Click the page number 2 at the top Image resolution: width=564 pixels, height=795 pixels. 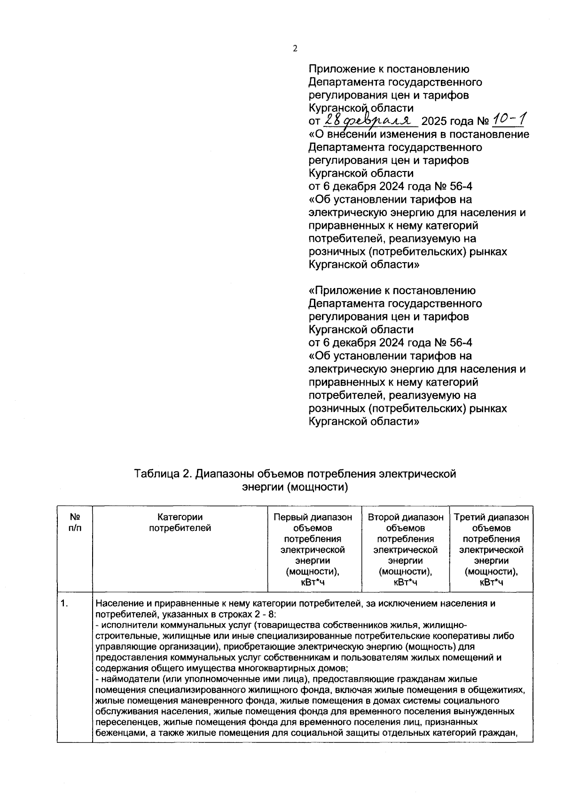295,48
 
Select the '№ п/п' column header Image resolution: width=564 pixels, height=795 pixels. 74,522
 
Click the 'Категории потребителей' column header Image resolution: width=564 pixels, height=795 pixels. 180,522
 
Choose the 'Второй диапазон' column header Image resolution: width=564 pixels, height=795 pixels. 406,517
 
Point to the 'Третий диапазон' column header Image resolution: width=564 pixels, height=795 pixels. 491,517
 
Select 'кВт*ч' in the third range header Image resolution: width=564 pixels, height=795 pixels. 491,583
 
